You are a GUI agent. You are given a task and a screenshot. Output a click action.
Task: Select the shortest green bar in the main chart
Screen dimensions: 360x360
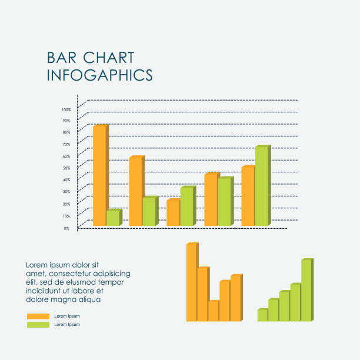click(112, 218)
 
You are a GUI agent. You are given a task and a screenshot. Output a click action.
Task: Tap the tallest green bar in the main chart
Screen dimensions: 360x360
click(262, 186)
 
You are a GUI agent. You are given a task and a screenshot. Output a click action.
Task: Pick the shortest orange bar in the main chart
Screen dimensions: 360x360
click(173, 213)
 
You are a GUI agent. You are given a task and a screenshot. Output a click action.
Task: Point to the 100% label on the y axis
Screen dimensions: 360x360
click(66, 109)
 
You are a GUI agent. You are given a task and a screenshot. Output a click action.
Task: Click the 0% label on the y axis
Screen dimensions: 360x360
click(67, 228)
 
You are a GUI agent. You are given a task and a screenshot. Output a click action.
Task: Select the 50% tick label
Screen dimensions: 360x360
click(66, 168)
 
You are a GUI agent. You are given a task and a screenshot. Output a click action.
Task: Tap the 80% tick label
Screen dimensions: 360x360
click(66, 133)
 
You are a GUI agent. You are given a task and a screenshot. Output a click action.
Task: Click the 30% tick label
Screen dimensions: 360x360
click(66, 192)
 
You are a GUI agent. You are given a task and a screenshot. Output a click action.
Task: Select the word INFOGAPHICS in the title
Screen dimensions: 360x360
click(99, 75)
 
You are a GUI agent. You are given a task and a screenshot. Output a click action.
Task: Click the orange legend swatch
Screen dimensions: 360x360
click(38, 316)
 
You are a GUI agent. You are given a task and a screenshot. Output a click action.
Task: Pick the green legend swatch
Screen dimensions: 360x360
click(38, 325)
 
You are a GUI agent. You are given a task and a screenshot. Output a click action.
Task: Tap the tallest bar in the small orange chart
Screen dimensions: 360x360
click(191, 282)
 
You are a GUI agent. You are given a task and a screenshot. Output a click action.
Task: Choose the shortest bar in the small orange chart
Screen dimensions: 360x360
click(213, 311)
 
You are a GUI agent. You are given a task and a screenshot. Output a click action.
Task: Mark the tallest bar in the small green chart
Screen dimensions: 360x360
click(306, 291)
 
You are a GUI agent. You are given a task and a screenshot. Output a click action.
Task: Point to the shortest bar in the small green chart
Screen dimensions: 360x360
click(262, 315)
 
